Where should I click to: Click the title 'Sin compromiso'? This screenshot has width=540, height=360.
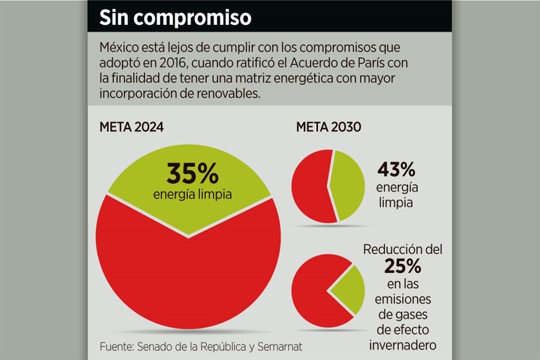175,17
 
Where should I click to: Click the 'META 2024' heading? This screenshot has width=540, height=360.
132,127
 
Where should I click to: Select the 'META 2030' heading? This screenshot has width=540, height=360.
328,127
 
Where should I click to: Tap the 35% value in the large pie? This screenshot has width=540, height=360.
192,174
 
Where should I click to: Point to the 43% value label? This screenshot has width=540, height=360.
396,169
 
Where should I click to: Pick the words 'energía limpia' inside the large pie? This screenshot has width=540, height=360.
192,195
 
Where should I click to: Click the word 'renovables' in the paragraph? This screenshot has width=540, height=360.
232,93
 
